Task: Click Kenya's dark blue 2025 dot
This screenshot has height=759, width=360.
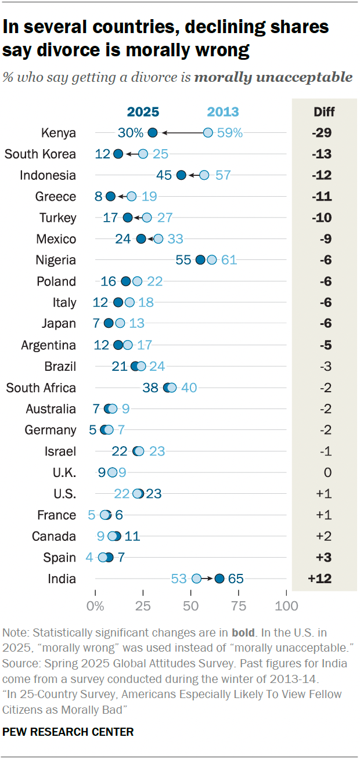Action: [153, 133]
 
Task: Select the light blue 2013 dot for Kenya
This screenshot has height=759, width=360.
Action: [208, 133]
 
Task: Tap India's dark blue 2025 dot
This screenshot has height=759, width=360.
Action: [219, 579]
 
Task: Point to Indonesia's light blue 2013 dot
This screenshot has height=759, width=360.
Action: [204, 175]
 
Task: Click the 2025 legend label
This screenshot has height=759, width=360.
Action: [143, 113]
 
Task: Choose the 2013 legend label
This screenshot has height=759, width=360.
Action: [223, 113]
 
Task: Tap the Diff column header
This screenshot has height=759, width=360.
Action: [323, 113]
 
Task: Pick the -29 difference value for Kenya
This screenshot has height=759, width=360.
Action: [321, 133]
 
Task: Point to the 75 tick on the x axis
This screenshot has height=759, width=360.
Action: [239, 606]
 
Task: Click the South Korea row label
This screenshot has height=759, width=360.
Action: [40, 154]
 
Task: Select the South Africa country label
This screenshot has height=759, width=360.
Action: [41, 388]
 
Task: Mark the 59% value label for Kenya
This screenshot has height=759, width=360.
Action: [229, 133]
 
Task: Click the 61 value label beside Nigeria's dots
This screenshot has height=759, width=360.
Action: [229, 260]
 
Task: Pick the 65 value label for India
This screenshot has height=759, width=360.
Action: [236, 579]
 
